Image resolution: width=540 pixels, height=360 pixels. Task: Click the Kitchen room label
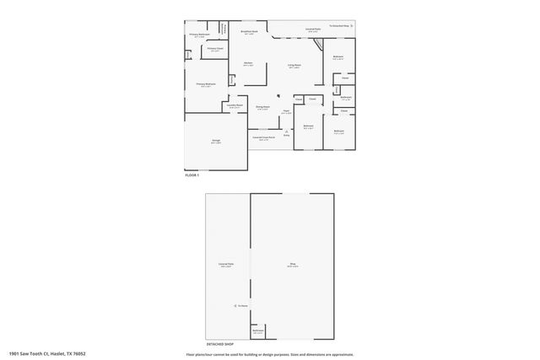tap(248, 63)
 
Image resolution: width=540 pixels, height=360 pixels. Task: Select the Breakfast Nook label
tap(249, 33)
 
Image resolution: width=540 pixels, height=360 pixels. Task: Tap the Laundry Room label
tap(235, 106)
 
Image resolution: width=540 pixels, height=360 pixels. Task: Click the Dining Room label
tap(262, 107)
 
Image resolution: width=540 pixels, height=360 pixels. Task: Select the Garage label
tap(216, 142)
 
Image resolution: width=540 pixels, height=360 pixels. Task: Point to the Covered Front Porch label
tap(264, 137)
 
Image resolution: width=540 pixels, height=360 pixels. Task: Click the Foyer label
tap(287, 111)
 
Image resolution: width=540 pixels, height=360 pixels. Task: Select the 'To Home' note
tap(241, 305)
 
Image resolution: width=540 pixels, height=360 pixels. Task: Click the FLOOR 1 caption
tap(192, 175)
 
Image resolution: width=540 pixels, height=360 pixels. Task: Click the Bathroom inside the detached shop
tap(258, 332)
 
